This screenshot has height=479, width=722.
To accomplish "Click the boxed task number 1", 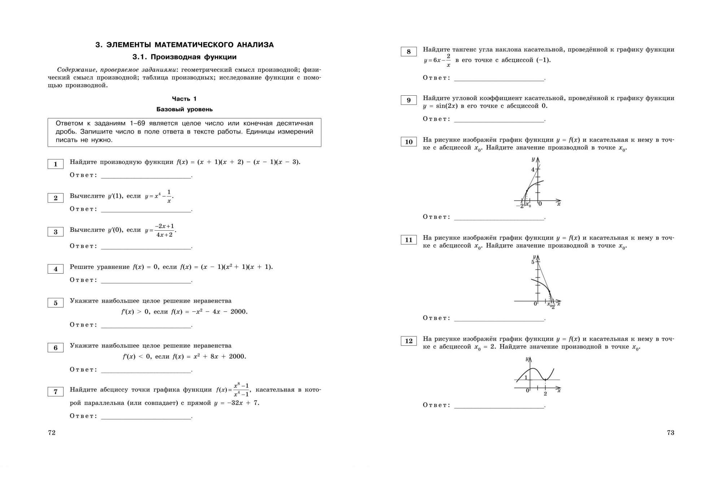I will pos(56,164).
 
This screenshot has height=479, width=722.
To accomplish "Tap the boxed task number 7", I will pos(56,392).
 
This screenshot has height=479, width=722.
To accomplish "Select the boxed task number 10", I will pos(409,142).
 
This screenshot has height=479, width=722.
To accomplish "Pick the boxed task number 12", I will pos(409,341).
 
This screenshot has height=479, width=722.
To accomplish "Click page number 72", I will pos(52,432).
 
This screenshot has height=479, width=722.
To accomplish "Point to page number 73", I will pos(670,432).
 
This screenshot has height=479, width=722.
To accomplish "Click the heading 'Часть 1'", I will pos(184,99).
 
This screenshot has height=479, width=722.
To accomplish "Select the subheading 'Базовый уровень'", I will pos(184,109).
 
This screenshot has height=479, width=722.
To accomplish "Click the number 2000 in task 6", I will pos(237,357).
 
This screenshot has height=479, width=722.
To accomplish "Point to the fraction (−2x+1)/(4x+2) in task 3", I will pos(164,230).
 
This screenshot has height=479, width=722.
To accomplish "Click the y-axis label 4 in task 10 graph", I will pos(532,170).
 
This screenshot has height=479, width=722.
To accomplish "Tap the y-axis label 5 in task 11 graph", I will pos(532,262).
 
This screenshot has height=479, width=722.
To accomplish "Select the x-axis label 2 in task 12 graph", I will pos(545,394).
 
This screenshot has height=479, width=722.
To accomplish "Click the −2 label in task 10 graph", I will pos(520,206).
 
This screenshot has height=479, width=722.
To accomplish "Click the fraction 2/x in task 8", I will pos(448,60).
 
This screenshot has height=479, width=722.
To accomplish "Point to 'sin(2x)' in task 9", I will pos(447,106).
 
